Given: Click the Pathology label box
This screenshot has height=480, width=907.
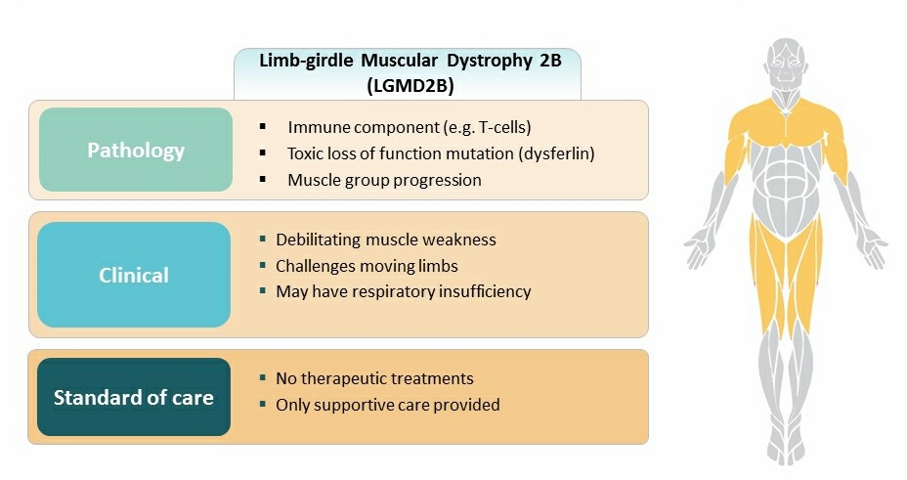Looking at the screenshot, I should pos(136,151).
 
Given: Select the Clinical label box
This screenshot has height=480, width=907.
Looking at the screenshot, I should pos(134,275).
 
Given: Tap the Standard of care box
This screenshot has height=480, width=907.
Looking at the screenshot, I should pos(134,397).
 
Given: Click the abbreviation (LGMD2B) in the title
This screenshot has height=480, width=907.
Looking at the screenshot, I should pos(410,84).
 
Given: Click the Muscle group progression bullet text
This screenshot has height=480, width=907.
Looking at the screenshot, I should pos(384,180).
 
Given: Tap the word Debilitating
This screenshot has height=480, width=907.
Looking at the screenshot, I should pos(314,240).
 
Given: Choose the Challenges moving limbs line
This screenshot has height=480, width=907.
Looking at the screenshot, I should pos(367,265).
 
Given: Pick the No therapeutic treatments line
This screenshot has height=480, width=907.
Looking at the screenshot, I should pos(374,378).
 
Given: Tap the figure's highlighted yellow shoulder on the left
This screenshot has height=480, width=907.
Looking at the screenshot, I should pos(748,122).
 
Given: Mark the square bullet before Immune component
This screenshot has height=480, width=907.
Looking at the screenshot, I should pos(263,127).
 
